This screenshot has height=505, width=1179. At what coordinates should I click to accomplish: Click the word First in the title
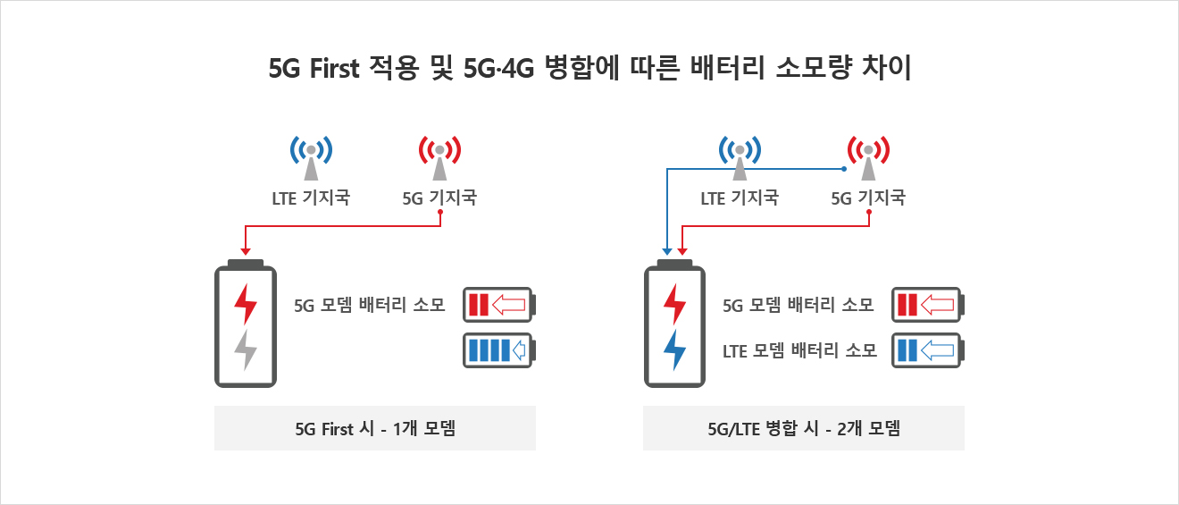335,69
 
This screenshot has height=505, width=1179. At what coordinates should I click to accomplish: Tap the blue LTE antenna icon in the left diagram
311,158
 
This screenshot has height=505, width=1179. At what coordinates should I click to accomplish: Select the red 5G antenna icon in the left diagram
439,158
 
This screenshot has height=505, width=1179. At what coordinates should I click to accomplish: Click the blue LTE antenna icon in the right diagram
740,158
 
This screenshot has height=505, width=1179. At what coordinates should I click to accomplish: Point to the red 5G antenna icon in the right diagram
868,158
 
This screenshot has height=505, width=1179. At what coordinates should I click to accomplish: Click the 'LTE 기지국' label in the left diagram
311,198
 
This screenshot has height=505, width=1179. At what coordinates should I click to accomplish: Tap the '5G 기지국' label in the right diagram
868,198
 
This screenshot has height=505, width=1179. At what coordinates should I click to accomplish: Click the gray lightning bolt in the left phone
246,349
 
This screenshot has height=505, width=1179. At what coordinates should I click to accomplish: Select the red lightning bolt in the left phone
246,304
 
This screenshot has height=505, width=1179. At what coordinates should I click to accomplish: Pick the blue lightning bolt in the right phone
674,349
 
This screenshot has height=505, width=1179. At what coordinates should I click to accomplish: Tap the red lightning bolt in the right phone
674,304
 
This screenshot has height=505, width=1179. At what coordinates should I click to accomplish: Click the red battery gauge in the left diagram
499,305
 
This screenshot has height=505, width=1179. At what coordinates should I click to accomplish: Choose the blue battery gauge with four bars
499,350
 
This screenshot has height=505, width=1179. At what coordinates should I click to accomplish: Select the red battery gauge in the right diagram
928,305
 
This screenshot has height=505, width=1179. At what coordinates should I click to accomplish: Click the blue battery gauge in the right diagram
928,350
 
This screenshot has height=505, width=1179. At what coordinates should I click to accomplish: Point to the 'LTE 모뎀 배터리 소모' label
799,350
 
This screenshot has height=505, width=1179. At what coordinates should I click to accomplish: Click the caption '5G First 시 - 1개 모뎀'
375,429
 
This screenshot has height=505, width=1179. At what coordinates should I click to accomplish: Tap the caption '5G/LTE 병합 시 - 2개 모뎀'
804,429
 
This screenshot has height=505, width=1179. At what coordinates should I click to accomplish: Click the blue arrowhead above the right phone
667,252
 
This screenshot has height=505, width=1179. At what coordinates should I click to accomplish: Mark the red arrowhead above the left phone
246,252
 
